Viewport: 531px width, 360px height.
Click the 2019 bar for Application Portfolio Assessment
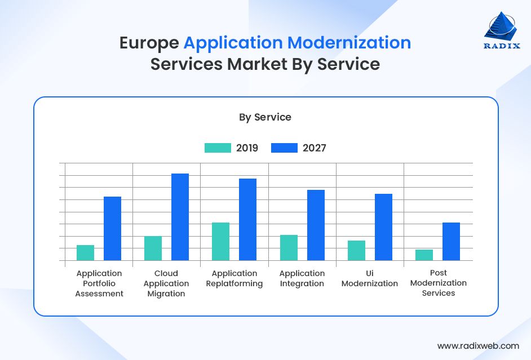tap(85, 253)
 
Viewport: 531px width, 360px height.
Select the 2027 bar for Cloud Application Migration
tap(180, 217)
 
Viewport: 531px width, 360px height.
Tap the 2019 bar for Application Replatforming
tap(220, 242)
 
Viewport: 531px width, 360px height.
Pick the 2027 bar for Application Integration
tap(316, 225)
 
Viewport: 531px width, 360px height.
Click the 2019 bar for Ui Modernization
tap(356, 251)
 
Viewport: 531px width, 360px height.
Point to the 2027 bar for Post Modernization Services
tap(451, 242)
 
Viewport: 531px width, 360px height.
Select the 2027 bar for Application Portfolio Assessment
tap(112, 229)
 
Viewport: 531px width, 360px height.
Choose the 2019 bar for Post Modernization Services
tap(424, 255)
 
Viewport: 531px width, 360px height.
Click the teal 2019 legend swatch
tap(218, 148)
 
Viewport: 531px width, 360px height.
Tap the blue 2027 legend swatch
tap(284, 148)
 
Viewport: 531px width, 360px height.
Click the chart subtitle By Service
tap(265, 117)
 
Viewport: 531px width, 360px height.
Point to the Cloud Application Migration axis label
tap(166, 283)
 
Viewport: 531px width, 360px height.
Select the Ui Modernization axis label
tap(370, 278)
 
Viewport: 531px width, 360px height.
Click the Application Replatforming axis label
tap(234, 278)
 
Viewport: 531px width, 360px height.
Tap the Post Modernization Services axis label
tap(438, 283)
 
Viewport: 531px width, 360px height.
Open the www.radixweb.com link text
tap(478, 346)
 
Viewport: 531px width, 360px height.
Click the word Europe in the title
tap(149, 43)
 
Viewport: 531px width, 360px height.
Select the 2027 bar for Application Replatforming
tap(247, 220)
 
